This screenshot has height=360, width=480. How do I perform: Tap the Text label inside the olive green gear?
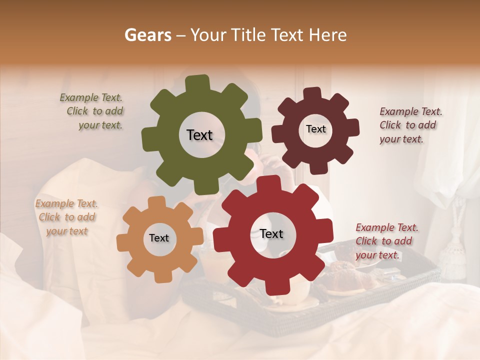(199, 135)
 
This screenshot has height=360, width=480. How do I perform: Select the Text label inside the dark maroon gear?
(315, 129)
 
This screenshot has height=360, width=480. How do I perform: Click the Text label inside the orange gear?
(159, 238)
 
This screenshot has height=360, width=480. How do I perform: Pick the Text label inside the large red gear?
(271, 233)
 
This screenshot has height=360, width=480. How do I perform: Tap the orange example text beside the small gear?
(66, 217)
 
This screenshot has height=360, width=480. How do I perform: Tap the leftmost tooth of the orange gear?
(123, 242)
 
